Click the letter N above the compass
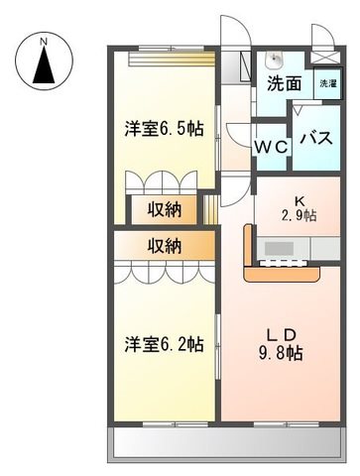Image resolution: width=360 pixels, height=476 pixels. tap(44, 42)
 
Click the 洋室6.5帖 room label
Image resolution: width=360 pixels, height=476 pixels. tap(164, 129)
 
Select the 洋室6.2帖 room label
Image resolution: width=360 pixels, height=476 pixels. tap(164, 344)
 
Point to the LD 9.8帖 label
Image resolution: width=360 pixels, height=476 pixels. tap(281, 345)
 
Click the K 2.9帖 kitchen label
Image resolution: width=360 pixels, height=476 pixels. tap(299, 208)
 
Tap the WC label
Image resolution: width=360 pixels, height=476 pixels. tap(271, 147)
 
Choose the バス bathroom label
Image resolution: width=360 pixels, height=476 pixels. tap(316, 138)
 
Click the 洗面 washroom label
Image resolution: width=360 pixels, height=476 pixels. tap(285, 83)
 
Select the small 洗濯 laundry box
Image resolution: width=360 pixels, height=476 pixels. tap(327, 83)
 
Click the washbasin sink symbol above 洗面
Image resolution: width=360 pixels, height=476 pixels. tap(274, 59)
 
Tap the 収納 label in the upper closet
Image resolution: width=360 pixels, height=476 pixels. tap(165, 209)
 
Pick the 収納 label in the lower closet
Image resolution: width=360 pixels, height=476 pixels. tap(165, 246)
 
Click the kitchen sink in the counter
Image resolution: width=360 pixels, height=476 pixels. tap(280, 248)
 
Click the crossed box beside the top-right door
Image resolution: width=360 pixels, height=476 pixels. tap(324, 58)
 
